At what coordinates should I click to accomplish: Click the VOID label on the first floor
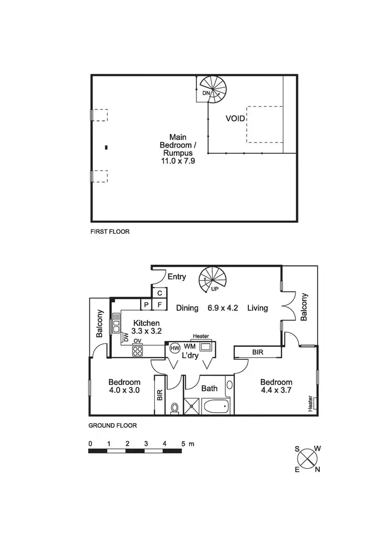pyautogui.click(x=235, y=118)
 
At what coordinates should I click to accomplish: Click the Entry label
pyautogui.click(x=177, y=277)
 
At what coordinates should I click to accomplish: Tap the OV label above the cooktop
pyautogui.click(x=137, y=341)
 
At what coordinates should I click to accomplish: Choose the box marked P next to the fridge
pyautogui.click(x=147, y=304)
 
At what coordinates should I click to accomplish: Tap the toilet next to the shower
pyautogui.click(x=175, y=407)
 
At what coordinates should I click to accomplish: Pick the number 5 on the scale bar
pyautogui.click(x=183, y=444)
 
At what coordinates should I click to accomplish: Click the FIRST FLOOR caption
pyautogui.click(x=110, y=231)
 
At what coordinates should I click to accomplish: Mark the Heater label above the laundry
pyautogui.click(x=201, y=336)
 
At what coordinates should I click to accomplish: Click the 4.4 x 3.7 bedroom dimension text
pyautogui.click(x=276, y=391)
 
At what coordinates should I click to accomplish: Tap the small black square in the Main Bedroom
pyautogui.click(x=106, y=148)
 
